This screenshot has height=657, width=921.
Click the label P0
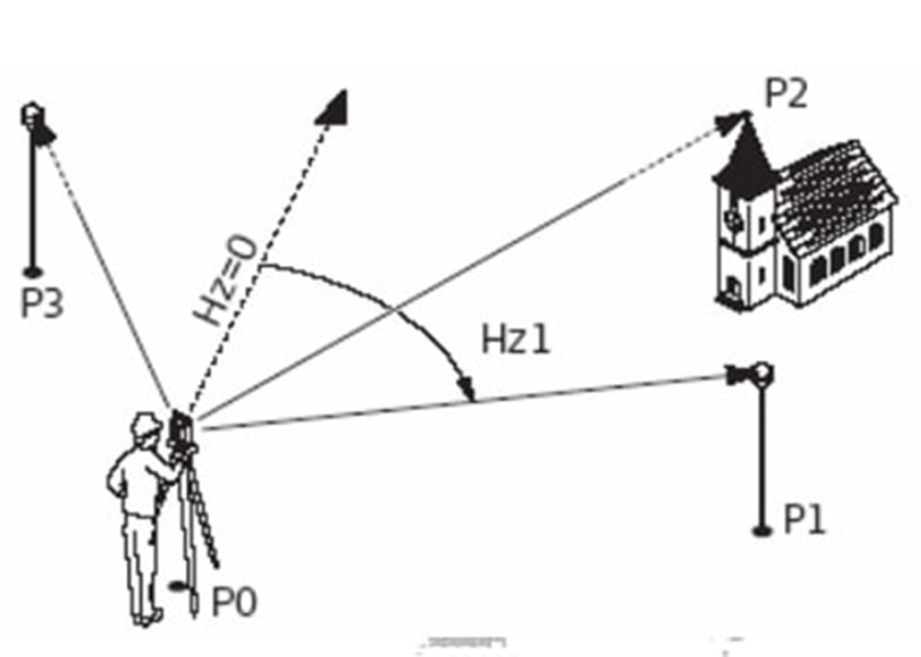coord(234,602)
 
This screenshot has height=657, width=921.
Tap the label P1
coord(804,520)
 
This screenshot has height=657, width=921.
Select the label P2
coord(785,94)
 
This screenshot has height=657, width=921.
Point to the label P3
coord(42,303)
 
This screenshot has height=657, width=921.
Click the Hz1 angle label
coord(516,341)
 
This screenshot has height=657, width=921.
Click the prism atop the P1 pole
coord(761,374)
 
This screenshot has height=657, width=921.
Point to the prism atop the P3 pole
coord(33,115)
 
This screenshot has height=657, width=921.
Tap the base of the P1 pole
coord(761,529)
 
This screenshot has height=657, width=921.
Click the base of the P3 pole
coord(33,271)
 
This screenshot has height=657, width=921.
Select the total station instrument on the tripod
coord(180,430)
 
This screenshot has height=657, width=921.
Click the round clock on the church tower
coord(733,219)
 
